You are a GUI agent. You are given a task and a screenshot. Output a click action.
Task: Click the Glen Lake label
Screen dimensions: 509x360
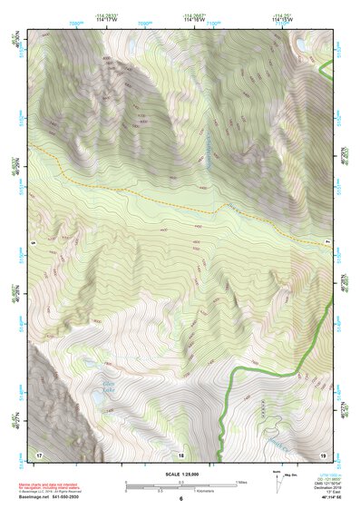coord(108,387)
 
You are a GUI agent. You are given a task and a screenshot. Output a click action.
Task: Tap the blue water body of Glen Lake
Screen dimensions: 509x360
coord(97,396)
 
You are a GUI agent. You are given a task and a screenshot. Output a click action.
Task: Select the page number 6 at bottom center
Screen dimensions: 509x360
coord(180,499)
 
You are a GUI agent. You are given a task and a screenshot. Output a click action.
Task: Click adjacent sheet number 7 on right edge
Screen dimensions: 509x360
coord(327,243)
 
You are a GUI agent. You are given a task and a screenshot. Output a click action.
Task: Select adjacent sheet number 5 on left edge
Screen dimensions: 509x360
coord(32,243)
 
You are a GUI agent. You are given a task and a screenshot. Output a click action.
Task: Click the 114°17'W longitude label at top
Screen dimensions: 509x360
coord(114,20)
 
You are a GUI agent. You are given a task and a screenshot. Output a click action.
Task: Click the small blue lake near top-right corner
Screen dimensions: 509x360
coord(300,42)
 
